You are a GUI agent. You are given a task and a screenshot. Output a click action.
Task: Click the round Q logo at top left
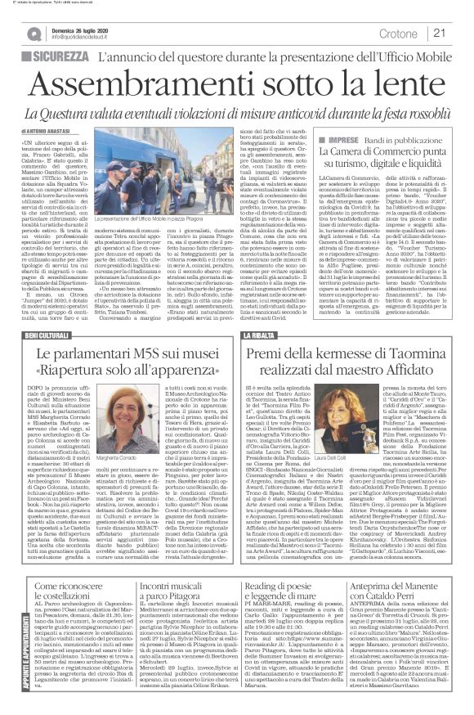(32, 34)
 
